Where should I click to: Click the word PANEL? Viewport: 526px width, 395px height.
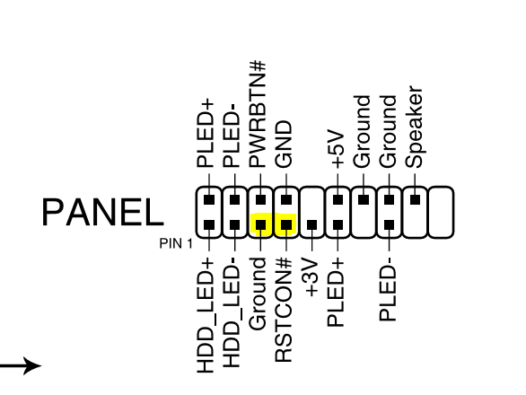[x=103, y=212]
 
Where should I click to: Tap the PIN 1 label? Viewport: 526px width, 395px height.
[x=176, y=243]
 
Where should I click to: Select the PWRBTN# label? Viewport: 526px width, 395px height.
[x=258, y=114]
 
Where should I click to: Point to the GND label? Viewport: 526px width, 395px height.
[x=284, y=145]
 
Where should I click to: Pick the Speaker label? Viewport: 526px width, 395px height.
[x=414, y=127]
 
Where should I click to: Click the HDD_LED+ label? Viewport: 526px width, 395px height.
[x=206, y=315]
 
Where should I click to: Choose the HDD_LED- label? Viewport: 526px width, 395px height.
[x=232, y=312]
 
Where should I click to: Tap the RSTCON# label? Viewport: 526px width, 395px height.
[x=284, y=310]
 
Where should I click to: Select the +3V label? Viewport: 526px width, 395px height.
[x=311, y=277]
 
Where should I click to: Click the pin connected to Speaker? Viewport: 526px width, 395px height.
[x=415, y=200]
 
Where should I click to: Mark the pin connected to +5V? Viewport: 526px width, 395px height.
[x=338, y=200]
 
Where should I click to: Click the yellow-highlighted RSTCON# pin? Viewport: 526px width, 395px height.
[x=286, y=224]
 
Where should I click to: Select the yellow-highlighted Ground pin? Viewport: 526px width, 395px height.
[x=260, y=224]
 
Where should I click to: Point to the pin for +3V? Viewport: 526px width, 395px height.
[x=312, y=224]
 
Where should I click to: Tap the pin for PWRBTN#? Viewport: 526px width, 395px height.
[x=260, y=200]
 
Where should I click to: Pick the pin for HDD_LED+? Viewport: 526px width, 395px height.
[x=209, y=224]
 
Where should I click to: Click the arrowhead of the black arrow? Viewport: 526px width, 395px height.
[x=32, y=365]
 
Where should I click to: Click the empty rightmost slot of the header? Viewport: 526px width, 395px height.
[x=441, y=212]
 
